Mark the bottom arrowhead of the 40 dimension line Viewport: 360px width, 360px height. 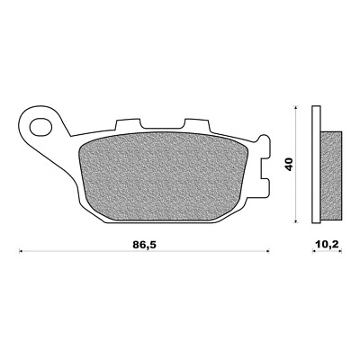tap(298, 221)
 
